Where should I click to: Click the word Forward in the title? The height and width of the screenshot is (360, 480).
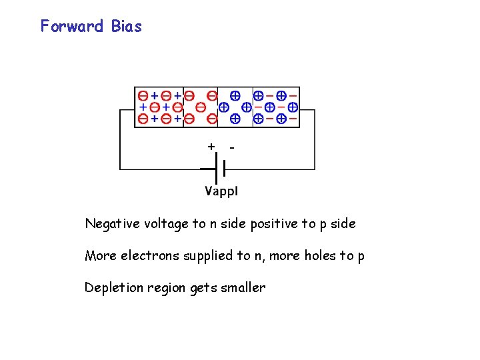tap(72, 27)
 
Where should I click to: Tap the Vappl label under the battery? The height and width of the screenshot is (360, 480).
tap(221, 191)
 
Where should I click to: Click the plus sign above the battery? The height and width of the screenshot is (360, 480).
tap(211, 146)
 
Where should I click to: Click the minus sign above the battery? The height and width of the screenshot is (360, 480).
tap(231, 146)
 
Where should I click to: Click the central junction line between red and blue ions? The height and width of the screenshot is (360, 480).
tap(219, 107)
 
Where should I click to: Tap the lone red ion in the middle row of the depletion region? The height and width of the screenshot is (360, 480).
tap(200, 107)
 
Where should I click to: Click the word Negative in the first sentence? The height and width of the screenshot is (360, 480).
tap(109, 224)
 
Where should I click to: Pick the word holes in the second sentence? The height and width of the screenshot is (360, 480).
tap(325, 256)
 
